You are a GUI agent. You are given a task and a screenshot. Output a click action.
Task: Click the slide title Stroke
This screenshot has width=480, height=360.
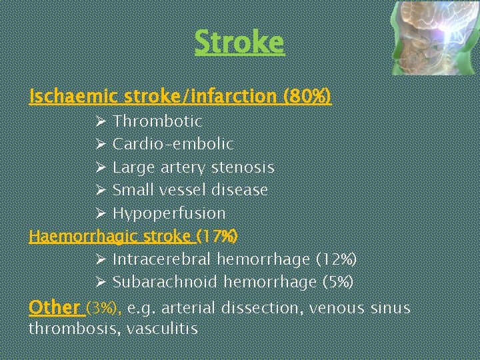[x=239, y=43]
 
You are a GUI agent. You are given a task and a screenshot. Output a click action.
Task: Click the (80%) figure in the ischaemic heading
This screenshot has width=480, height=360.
[x=307, y=97]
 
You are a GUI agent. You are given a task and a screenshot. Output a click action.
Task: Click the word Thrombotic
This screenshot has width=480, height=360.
[x=157, y=121]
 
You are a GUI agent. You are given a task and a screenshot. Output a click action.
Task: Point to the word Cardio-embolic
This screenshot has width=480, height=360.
[x=173, y=144]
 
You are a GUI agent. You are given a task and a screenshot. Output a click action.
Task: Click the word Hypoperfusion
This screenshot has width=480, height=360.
[x=169, y=213]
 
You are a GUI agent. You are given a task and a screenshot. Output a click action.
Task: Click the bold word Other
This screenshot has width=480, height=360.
[x=54, y=307]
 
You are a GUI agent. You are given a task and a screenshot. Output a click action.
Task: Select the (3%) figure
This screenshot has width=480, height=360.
[x=104, y=308]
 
